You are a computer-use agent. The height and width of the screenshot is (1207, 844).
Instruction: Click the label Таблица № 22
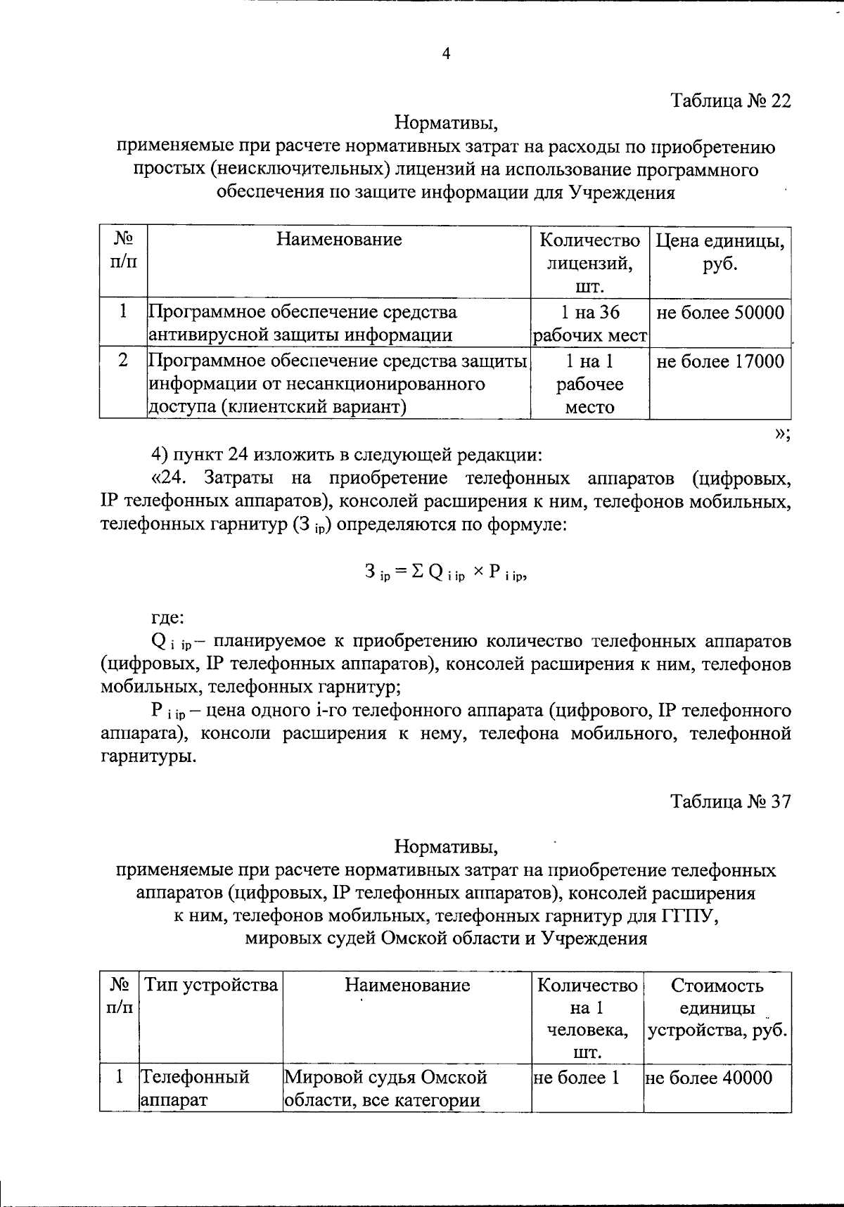(731, 101)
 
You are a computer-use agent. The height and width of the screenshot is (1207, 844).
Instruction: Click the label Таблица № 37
(731, 801)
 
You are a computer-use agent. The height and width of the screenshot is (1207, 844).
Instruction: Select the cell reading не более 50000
(720, 313)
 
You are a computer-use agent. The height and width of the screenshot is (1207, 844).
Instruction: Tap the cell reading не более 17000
(720, 362)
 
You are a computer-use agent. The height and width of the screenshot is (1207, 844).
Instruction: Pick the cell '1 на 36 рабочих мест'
(589, 323)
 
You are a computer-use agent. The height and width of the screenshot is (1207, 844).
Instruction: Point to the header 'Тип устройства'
(211, 985)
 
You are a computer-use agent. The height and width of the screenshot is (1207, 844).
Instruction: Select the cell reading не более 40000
(708, 1078)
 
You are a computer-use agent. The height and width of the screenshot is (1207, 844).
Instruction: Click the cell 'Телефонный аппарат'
(195, 1088)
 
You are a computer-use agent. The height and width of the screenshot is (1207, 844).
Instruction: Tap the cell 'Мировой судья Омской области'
(385, 1088)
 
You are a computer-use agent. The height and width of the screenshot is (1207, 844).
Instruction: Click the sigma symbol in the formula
(417, 572)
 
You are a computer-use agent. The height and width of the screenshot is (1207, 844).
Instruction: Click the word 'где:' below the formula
(168, 618)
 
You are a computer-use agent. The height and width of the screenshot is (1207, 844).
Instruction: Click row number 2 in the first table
(123, 361)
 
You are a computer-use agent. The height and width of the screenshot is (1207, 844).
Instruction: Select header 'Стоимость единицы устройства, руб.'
(717, 1007)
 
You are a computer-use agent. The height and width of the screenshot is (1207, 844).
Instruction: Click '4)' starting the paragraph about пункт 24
(160, 455)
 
